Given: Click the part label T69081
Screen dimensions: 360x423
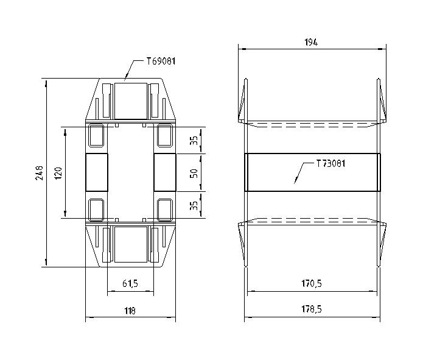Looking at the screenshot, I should coord(161,62).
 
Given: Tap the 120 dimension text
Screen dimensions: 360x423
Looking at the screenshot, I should coord(58,173).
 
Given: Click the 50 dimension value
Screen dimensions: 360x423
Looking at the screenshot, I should coord(194,173).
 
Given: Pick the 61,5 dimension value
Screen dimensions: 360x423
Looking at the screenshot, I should coord(130,284).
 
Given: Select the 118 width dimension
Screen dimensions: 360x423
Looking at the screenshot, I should coord(130,311).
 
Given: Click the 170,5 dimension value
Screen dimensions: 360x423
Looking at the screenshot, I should coord(312,283).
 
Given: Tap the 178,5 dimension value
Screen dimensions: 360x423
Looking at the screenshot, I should coord(312,310).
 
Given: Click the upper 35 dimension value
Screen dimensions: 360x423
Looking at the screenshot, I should coord(194,141).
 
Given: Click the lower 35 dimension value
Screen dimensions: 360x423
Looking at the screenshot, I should coord(194,205).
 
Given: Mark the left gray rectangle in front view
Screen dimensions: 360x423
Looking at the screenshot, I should coord(96,173).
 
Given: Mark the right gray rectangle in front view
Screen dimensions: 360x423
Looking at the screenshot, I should coord(164,173).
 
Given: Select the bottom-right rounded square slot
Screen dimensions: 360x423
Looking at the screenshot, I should coord(165,210).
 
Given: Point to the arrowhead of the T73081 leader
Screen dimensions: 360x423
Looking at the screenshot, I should coord(295,182).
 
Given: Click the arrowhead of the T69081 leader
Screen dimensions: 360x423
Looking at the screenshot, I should coord(124,79).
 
